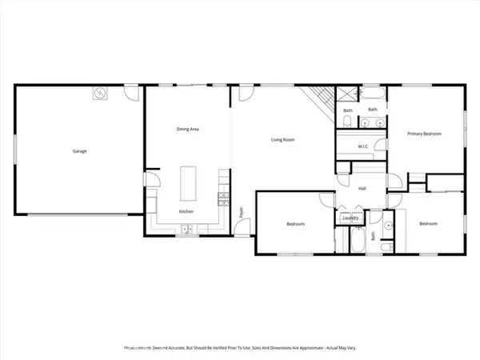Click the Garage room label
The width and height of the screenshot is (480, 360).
(79, 150)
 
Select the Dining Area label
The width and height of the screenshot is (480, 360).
(187, 128)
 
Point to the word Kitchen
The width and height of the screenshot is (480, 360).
(186, 211)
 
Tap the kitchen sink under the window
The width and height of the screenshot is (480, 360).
(186, 230)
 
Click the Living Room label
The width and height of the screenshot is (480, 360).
(282, 140)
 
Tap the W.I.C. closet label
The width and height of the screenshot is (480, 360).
(362, 146)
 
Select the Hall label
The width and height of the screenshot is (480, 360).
(362, 189)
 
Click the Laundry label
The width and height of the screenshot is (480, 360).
(350, 217)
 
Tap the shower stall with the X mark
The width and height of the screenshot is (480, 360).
(346, 94)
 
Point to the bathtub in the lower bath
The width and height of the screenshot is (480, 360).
(356, 240)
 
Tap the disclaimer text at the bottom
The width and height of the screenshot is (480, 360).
(240, 348)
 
